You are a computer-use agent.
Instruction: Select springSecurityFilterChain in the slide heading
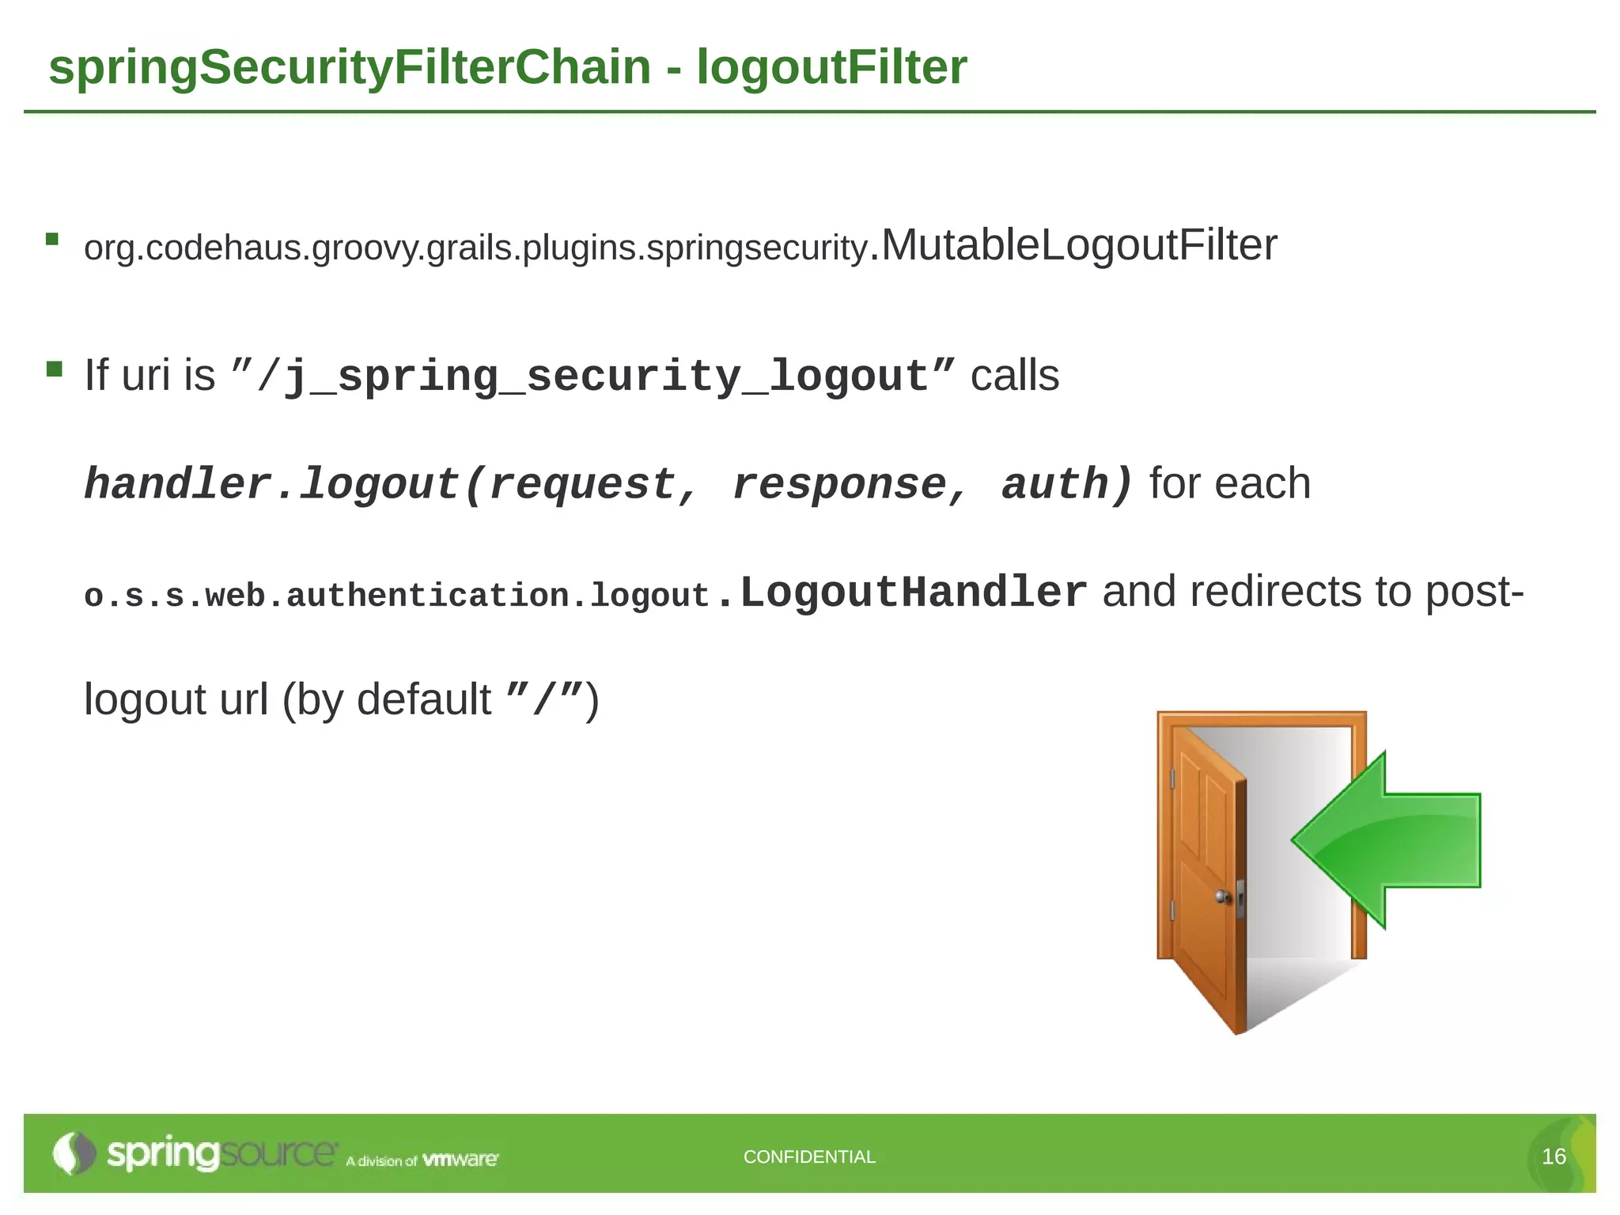tap(350, 67)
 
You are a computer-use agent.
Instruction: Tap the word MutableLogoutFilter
tap(1079, 245)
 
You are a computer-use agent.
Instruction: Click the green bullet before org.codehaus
tap(53, 239)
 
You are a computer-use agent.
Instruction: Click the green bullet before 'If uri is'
tap(54, 369)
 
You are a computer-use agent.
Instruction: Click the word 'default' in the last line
tap(424, 700)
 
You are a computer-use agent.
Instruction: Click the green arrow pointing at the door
tap(1392, 840)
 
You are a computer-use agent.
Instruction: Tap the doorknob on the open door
tap(1223, 897)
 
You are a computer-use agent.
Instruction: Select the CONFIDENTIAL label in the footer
tap(809, 1156)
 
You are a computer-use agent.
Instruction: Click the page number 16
tap(1554, 1156)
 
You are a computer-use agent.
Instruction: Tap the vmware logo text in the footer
tap(460, 1160)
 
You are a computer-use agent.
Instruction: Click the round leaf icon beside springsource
tap(73, 1153)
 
